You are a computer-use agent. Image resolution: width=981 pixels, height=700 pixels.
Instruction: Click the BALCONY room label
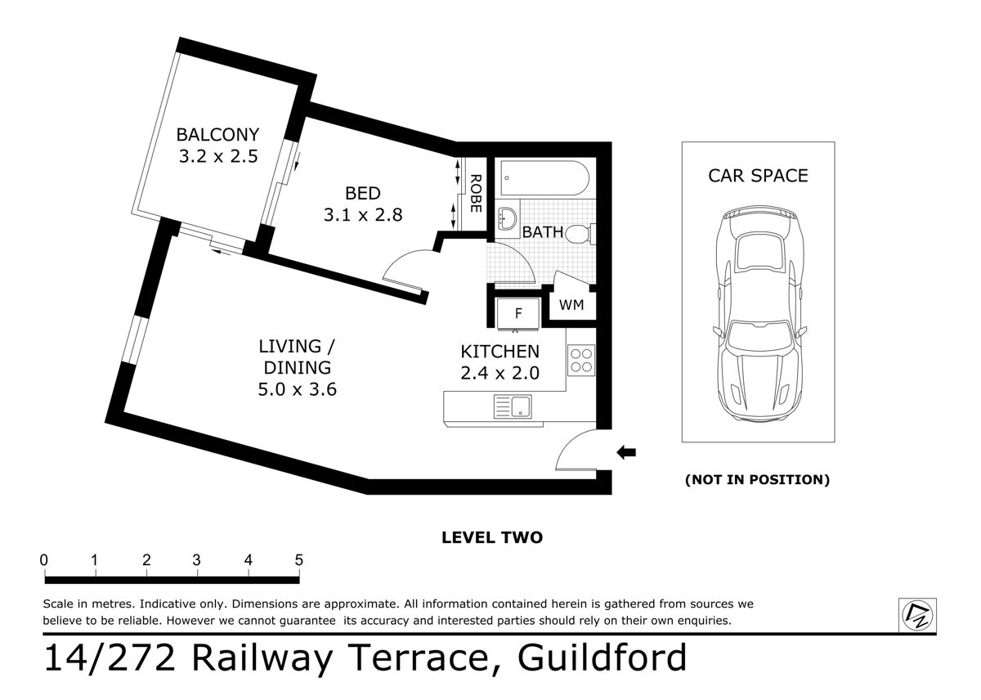[x=217, y=134]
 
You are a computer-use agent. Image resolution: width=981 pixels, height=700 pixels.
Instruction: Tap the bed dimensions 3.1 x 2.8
[x=362, y=214]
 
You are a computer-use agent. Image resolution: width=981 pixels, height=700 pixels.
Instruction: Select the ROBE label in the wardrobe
[x=475, y=194]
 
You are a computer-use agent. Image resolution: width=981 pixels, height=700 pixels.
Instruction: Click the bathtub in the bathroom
[x=543, y=177]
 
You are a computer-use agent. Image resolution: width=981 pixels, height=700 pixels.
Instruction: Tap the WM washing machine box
[x=571, y=305]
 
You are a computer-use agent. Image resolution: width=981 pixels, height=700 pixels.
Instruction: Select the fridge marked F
[x=517, y=313]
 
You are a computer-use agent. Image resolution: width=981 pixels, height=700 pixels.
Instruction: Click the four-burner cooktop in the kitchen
[x=581, y=361]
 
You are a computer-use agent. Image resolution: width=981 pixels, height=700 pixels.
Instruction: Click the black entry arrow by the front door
[x=625, y=451]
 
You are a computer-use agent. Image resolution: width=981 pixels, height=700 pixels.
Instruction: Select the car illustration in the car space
[x=758, y=315]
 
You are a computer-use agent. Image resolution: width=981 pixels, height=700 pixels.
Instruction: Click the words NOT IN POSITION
[x=757, y=480]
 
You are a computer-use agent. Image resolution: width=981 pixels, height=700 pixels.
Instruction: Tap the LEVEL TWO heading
[x=491, y=537]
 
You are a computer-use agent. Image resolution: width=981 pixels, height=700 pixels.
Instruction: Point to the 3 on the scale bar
[x=197, y=560]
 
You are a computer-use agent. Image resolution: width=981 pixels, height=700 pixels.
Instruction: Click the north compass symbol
[x=918, y=615]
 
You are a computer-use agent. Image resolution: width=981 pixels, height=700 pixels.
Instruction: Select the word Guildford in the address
[x=603, y=658]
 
